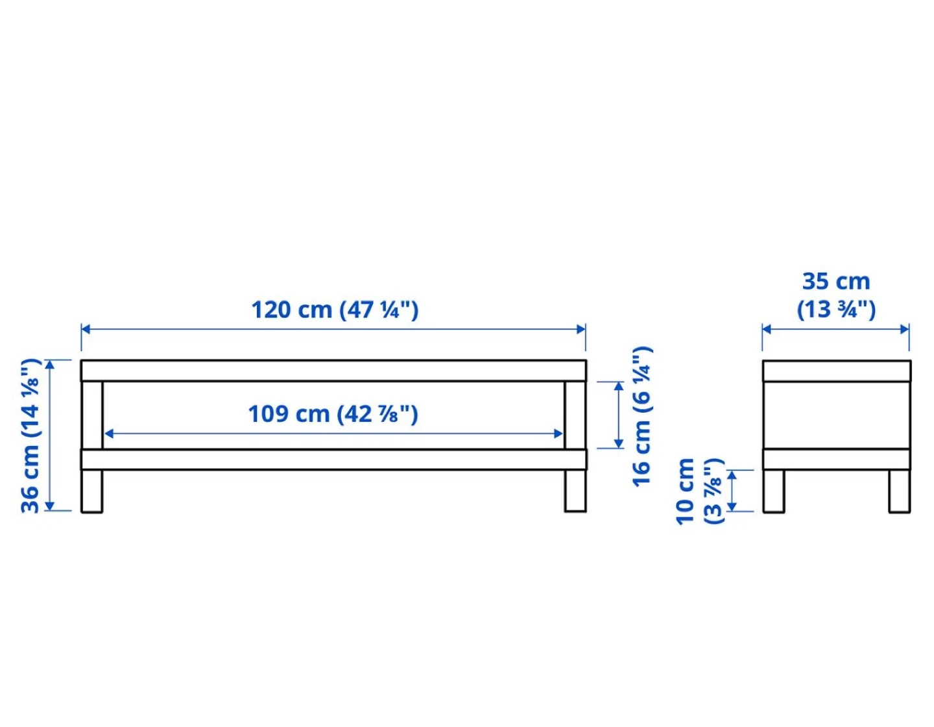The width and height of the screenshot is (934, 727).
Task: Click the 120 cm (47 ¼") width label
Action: [x=335, y=310]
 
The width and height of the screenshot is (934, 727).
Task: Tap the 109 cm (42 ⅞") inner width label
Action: [x=333, y=414]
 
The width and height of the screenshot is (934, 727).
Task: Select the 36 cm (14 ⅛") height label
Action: [x=31, y=436]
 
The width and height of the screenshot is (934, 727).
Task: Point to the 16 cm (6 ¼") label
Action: [x=643, y=416]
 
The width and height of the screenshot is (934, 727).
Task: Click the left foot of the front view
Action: [x=92, y=491]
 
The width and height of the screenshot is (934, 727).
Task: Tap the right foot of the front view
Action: [x=575, y=491]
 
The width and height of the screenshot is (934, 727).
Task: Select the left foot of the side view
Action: [x=774, y=491]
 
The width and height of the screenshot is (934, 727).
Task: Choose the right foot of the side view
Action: [x=900, y=491]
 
